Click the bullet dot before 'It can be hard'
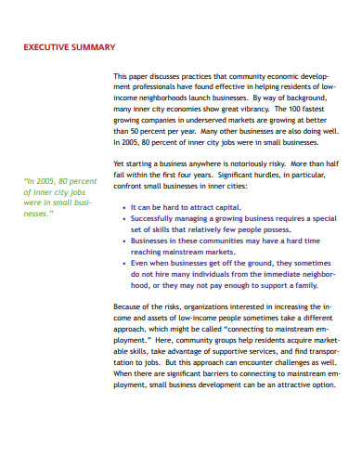pyautogui.click(x=126, y=207)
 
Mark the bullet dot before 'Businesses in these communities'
pyautogui.click(x=126, y=241)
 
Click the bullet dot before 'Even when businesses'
pyautogui.click(x=126, y=263)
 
